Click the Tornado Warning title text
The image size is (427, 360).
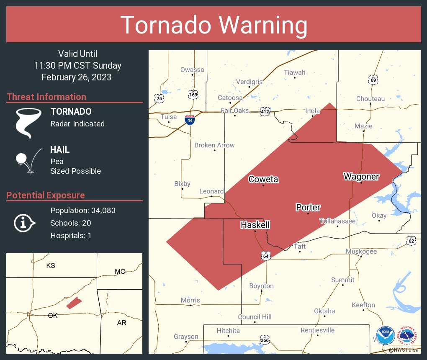(213, 25)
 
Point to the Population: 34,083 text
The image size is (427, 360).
(83, 210)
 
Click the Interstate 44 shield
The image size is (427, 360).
(190, 120)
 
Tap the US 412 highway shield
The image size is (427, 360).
(264, 112)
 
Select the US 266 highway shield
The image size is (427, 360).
(264, 340)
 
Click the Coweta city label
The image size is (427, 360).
(263, 179)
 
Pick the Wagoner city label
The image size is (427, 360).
(361, 176)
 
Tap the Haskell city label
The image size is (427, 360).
(255, 225)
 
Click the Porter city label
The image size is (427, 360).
(308, 207)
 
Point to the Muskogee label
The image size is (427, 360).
(361, 251)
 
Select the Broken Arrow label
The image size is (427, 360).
(214, 145)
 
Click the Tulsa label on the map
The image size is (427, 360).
(169, 117)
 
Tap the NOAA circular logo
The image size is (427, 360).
(385, 336)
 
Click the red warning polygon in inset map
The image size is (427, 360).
(74, 303)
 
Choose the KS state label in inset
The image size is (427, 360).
(51, 265)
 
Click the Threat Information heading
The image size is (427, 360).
(46, 97)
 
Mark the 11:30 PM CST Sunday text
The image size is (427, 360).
(77, 65)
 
